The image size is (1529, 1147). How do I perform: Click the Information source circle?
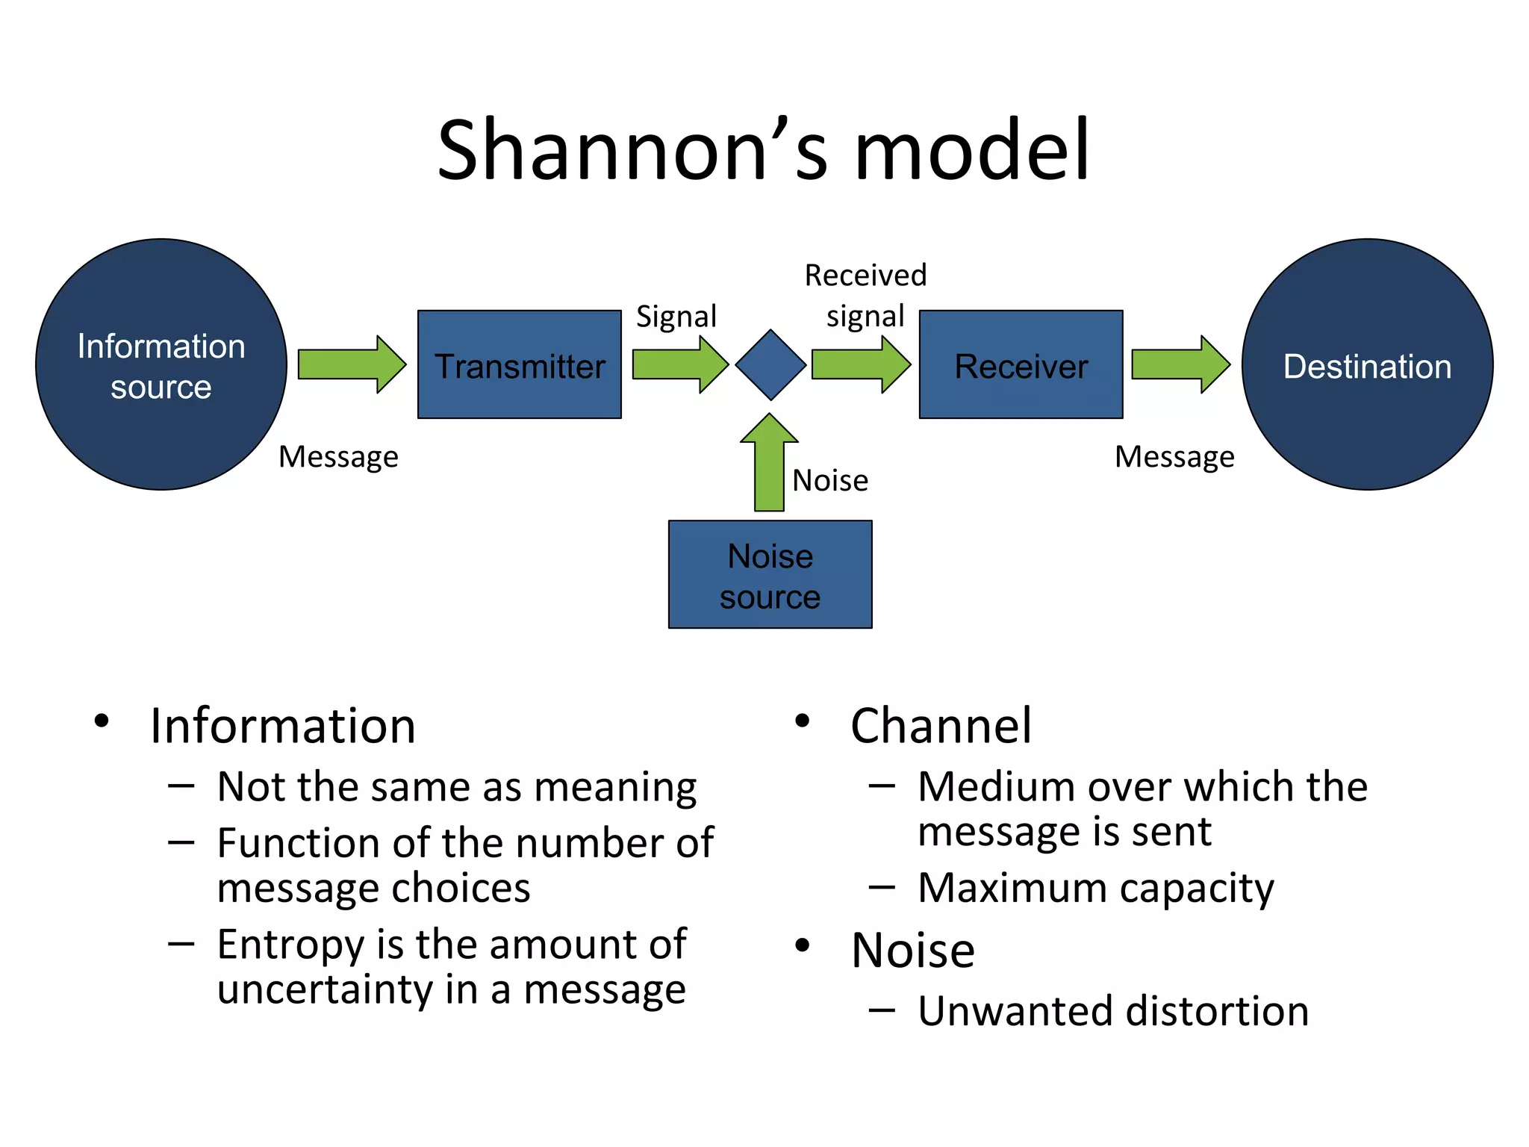coord(161,364)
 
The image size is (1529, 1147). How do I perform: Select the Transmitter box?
coord(519,364)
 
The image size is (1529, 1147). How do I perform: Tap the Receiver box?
coord(1021,364)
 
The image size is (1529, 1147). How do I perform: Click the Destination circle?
coord(1367,364)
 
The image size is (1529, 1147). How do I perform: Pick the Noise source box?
coord(770,574)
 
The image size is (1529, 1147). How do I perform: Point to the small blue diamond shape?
coord(770,364)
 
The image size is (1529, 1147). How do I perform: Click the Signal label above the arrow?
coord(676,317)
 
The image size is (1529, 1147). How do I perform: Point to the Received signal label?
coord(865,296)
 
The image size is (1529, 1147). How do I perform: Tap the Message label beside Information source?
coord(338,456)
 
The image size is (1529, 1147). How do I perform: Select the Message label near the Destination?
coord(1174,456)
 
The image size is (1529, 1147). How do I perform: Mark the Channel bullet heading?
coord(941,726)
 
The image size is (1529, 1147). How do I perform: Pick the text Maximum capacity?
coord(1095,889)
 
